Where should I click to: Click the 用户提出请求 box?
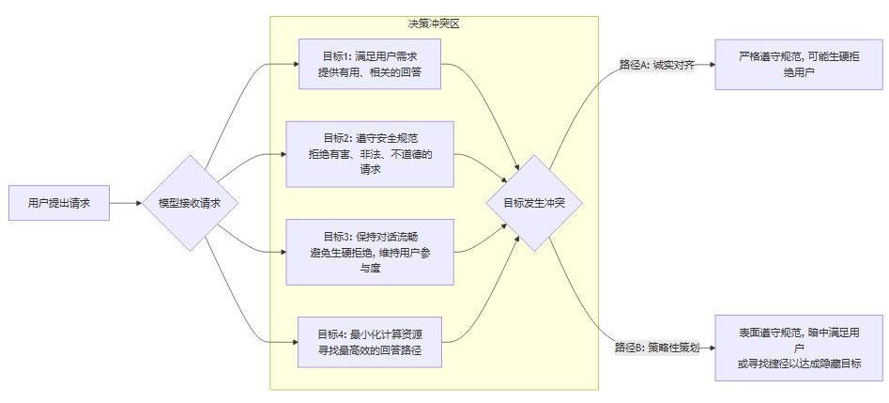(x=59, y=203)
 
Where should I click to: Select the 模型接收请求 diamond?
(x=189, y=203)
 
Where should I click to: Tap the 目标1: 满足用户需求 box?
(x=371, y=65)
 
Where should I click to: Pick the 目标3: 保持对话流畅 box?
(x=371, y=253)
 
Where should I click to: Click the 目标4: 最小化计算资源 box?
(x=371, y=342)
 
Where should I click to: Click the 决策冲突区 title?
(x=434, y=23)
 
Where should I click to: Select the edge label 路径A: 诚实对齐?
(x=656, y=65)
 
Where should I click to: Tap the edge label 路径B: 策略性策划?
(x=657, y=348)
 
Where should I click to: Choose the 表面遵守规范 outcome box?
(x=799, y=348)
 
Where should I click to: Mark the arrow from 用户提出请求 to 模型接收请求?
(x=127, y=203)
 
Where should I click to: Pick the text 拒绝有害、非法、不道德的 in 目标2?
(x=371, y=154)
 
